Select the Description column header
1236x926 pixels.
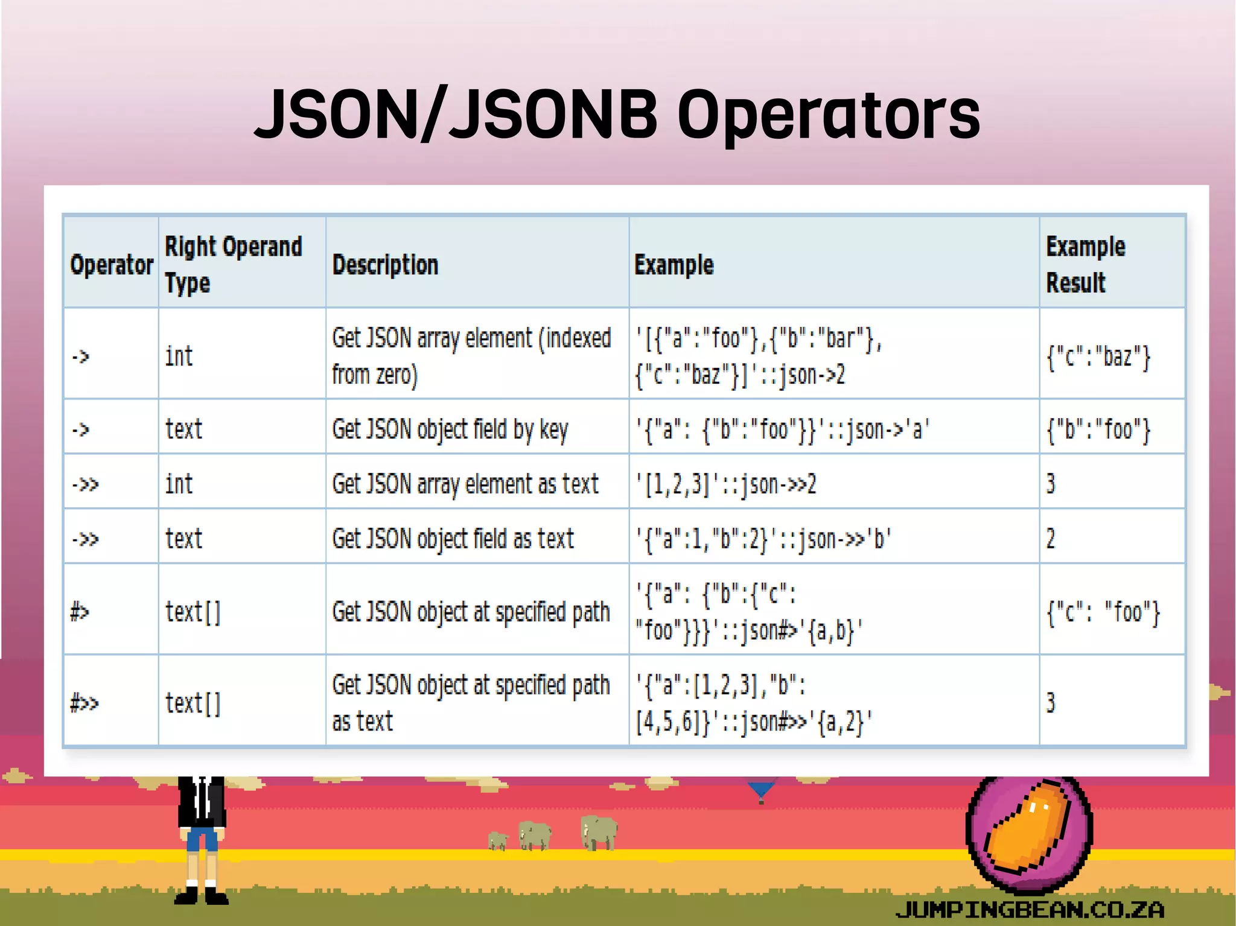pos(385,265)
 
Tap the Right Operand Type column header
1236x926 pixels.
pos(233,264)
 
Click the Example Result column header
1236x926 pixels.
pos(1085,264)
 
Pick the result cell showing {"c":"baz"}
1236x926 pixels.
pos(1098,356)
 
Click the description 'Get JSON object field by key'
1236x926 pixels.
pos(450,430)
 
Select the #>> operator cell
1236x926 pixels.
pos(84,703)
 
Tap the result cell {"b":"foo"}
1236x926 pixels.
pos(1098,430)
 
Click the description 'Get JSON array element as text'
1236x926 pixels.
pos(465,484)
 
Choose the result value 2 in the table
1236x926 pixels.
pos(1051,539)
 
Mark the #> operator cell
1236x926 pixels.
pos(80,612)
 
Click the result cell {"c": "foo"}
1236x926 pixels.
pos(1103,612)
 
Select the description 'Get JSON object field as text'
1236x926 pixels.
pos(453,539)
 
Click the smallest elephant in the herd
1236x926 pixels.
pos(498,840)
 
